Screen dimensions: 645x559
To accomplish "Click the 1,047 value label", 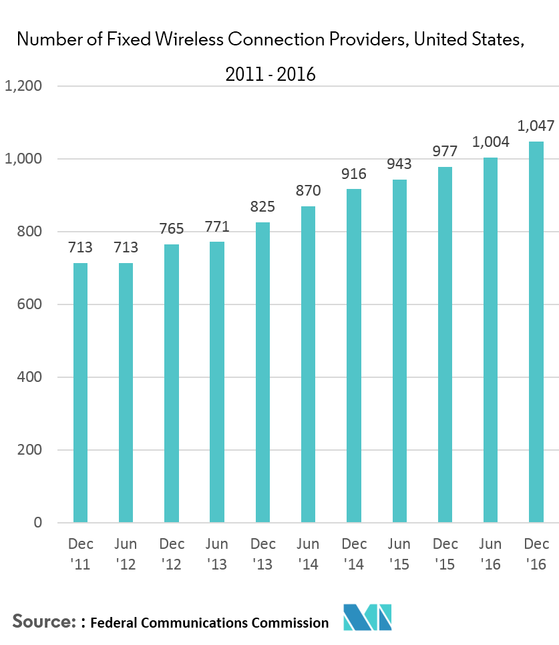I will tap(536, 126).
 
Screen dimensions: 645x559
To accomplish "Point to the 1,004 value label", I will tap(491, 142).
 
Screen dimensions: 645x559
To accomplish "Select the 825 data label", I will tap(262, 206).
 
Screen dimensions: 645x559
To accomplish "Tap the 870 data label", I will tap(308, 190).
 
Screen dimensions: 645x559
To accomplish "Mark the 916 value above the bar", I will tap(354, 174).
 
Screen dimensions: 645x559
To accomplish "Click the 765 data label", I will tap(172, 228).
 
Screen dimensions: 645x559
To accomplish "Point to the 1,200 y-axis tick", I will tap(23, 86).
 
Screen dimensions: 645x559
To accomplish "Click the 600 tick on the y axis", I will tap(31, 304).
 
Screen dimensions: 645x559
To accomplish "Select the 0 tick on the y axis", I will tap(39, 522).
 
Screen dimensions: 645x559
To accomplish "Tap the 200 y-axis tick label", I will tap(31, 449).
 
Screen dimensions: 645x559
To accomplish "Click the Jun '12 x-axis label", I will tap(126, 554).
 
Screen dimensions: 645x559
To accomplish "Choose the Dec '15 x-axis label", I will tap(445, 554).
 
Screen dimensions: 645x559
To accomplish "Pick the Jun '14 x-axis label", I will tap(308, 554).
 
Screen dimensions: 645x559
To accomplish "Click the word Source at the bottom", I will tap(43, 622).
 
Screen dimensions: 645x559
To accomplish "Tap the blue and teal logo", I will tap(367, 617).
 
